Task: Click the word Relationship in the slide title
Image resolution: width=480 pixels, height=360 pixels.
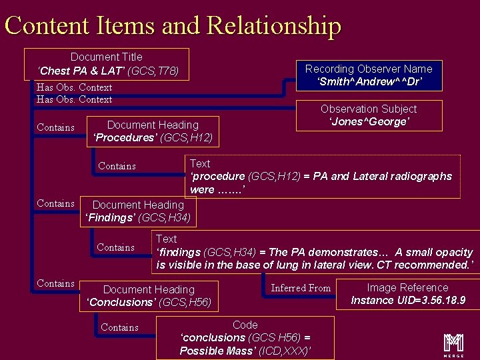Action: pos(274,25)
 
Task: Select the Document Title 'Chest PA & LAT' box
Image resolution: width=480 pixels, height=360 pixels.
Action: pos(107,64)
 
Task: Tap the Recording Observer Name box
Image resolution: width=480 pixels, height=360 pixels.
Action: pos(368,75)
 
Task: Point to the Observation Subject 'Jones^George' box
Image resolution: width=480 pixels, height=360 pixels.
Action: pos(368,115)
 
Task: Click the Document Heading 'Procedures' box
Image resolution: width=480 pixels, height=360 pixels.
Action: pos(153,131)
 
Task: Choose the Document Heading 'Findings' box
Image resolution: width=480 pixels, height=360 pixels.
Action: pos(138,211)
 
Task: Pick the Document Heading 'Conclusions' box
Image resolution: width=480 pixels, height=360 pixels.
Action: pos(149,296)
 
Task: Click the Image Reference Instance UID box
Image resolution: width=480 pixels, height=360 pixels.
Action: pos(408,294)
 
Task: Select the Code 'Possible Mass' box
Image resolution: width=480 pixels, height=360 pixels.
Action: pos(245,338)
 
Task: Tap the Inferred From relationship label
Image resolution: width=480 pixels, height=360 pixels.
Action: pos(301,288)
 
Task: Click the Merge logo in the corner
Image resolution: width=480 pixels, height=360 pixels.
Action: pos(454,342)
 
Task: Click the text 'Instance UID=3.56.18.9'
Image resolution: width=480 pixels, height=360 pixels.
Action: pos(408,301)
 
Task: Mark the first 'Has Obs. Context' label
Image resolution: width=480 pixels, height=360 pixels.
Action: pos(74,87)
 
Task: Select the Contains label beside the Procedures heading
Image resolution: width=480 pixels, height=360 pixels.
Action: pos(55,127)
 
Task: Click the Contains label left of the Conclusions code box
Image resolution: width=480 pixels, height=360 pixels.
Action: pos(119,327)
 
